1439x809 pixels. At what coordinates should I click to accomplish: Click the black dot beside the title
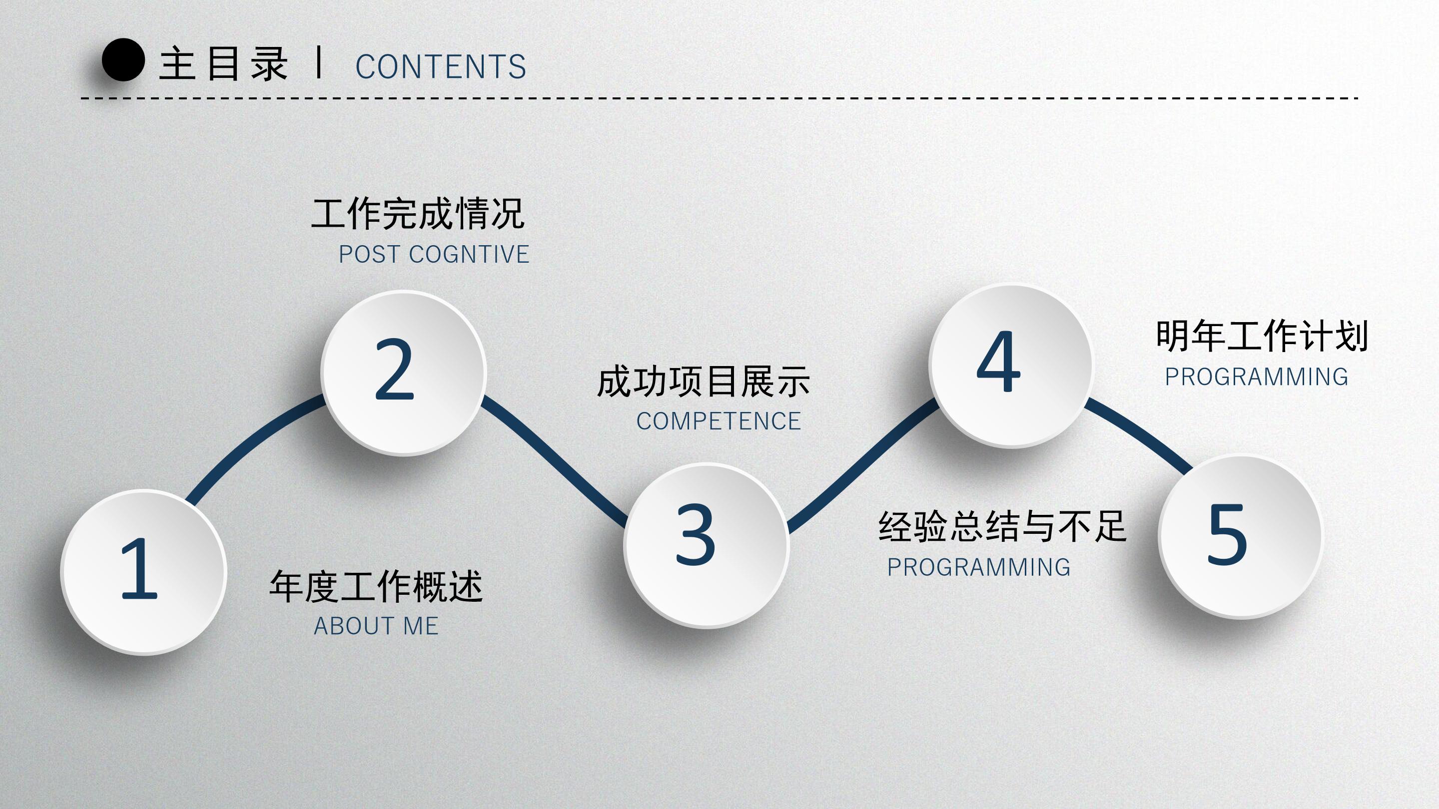coord(123,60)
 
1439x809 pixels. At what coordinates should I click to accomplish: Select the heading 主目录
coord(223,63)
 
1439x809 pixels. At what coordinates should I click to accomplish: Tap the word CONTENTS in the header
coord(440,66)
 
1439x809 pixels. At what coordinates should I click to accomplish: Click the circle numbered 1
coord(143,572)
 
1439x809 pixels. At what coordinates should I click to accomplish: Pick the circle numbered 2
coord(403,373)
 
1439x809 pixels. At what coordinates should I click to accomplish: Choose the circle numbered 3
coord(706,545)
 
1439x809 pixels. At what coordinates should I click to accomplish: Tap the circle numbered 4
coord(1010,366)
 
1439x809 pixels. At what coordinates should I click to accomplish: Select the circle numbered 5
coord(1240,536)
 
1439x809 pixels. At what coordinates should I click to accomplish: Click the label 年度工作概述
coord(376,587)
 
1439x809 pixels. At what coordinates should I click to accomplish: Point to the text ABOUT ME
coord(376,626)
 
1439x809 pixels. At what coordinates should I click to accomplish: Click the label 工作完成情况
coord(418,214)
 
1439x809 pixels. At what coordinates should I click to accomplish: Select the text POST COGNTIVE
coord(434,255)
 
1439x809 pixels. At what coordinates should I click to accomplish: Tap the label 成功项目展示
coord(704,383)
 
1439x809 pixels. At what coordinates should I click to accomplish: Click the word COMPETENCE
coord(719,421)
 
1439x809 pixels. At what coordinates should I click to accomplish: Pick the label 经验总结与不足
coord(1002,526)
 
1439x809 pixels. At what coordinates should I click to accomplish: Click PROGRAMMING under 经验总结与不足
coord(979,567)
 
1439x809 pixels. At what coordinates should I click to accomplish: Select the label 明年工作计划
coord(1262,336)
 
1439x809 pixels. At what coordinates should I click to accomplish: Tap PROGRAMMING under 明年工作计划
coord(1256,377)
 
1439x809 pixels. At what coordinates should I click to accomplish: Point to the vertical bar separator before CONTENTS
coord(319,62)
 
